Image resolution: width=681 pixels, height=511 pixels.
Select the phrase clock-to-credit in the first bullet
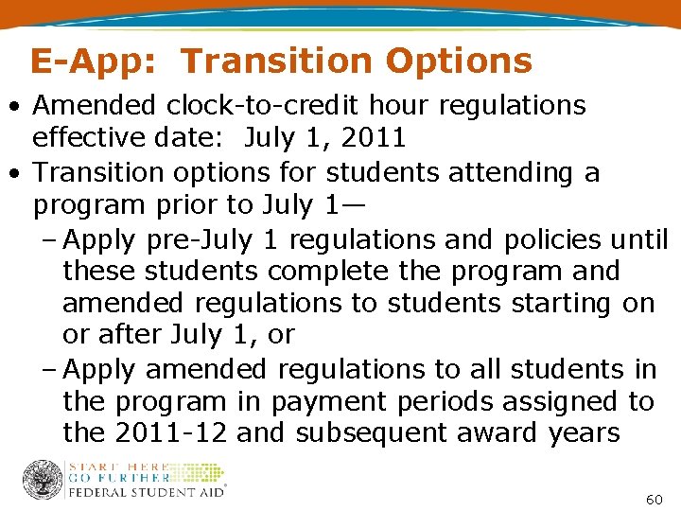click(x=243, y=106)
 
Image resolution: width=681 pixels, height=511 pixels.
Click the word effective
click(x=87, y=138)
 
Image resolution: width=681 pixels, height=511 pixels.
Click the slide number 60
click(x=652, y=498)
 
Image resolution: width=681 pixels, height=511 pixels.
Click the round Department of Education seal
click(x=42, y=480)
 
